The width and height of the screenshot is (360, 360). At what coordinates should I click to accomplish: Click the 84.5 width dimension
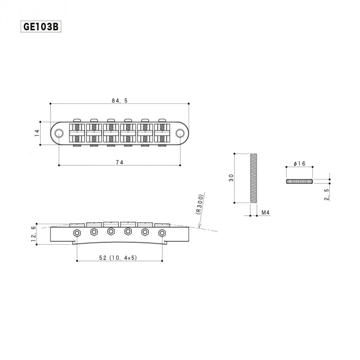[x=120, y=101]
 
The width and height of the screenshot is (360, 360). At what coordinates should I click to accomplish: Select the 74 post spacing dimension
[x=120, y=163]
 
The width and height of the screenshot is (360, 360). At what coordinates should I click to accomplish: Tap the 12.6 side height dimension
[x=34, y=234]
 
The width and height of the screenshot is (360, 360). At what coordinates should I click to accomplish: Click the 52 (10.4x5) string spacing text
[x=118, y=257]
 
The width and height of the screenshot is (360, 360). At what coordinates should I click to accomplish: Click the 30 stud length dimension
[x=230, y=178]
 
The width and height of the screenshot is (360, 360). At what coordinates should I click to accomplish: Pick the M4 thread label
[x=266, y=212]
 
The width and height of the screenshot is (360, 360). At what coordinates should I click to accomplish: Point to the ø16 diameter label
[x=299, y=164]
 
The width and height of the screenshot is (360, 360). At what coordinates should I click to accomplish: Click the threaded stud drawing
[x=253, y=178]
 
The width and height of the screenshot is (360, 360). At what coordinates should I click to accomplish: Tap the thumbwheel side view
[x=299, y=181]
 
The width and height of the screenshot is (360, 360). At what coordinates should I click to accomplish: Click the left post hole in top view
[x=60, y=133]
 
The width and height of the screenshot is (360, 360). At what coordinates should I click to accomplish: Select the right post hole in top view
[x=179, y=133]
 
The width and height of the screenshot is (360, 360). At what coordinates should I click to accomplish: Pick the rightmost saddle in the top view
[x=162, y=133]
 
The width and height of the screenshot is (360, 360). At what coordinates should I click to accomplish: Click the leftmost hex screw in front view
[x=77, y=233]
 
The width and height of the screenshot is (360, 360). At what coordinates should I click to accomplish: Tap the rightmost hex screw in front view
[x=162, y=233]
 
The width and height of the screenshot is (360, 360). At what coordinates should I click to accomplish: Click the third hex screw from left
[x=111, y=231]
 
